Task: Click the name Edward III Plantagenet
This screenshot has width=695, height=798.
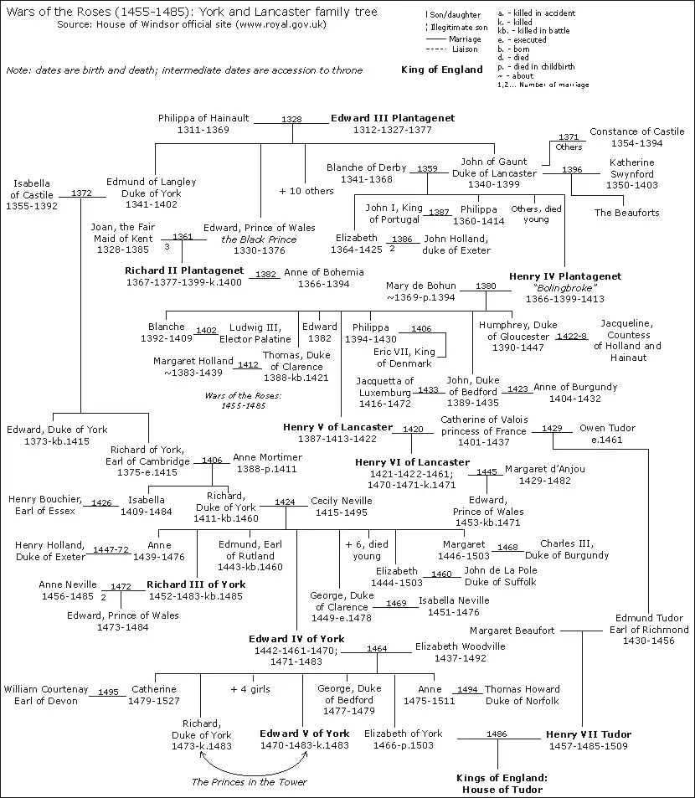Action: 392,118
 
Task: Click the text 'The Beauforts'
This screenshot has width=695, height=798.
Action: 626,213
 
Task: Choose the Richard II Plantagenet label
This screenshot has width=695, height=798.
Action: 184,271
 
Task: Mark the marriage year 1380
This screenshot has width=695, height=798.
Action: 486,286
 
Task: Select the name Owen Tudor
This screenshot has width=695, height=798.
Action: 607,428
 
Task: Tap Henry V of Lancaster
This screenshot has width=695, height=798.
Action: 337,427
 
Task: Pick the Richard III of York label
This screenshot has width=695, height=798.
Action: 196,584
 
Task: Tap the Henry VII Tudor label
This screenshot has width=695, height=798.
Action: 589,734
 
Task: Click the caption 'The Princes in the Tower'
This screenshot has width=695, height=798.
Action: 250,782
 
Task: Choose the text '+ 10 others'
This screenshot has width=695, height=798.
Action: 306,191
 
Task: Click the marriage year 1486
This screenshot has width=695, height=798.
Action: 496,734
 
